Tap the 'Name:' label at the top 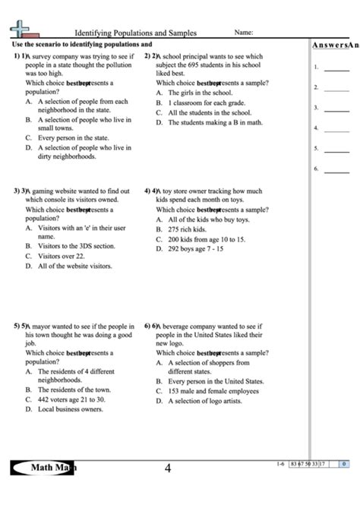pyautogui.click(x=243, y=33)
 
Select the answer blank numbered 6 pyautogui.click(x=336, y=169)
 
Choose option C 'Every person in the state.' pyautogui.click(x=73, y=138)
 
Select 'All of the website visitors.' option pyautogui.click(x=74, y=266)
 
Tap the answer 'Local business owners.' pyautogui.click(x=70, y=409)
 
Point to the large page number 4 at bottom pyautogui.click(x=168, y=469)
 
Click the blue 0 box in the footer pyautogui.click(x=343, y=463)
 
